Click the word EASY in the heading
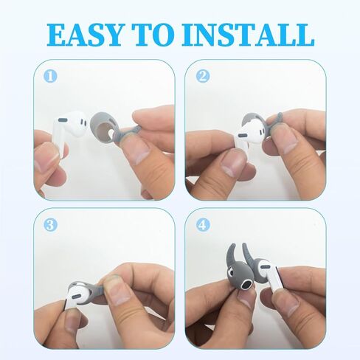tap(84, 35)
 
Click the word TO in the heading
tap(154, 35)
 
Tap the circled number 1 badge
tap(50, 76)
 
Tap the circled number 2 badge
tap(203, 76)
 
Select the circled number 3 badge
tap(50, 225)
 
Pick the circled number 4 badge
tap(203, 225)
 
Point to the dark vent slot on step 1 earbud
tap(63, 120)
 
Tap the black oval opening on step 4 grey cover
tap(246, 286)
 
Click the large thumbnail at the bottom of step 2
tap(233, 163)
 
